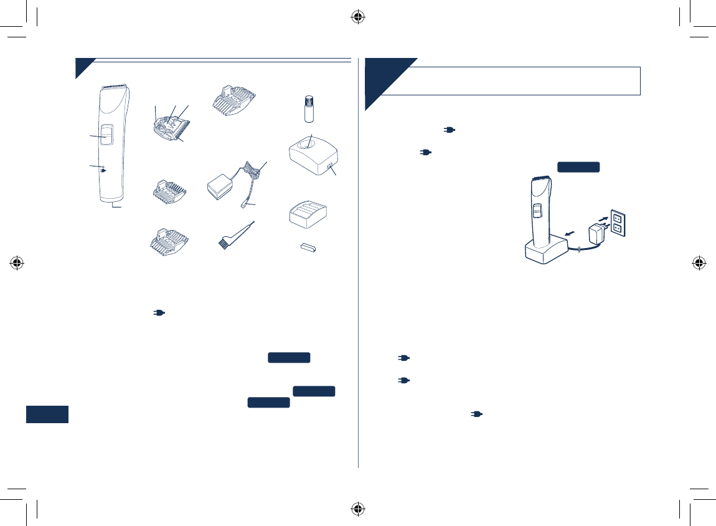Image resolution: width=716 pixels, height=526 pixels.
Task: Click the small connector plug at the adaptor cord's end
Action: click(x=245, y=204)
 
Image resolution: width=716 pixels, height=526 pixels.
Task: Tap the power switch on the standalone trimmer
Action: click(x=106, y=136)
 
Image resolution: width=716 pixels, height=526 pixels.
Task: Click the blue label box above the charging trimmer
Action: click(x=578, y=166)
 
